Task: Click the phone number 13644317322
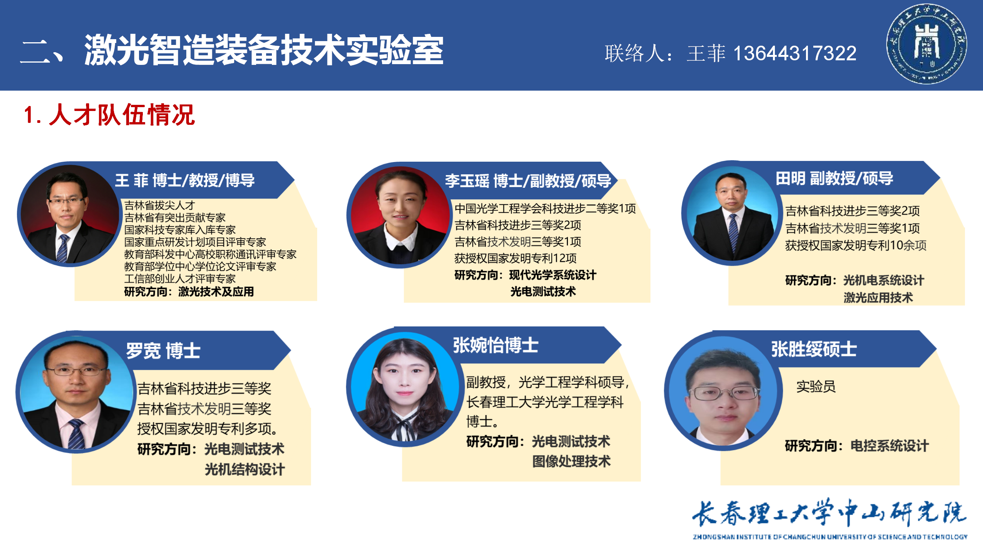pyautogui.click(x=795, y=53)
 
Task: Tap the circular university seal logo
pyautogui.click(x=927, y=44)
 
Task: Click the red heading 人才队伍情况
pyautogui.click(x=122, y=114)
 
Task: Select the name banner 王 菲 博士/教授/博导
pyautogui.click(x=185, y=180)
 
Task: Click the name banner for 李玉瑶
pyautogui.click(x=528, y=181)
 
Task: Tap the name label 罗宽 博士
pyautogui.click(x=163, y=351)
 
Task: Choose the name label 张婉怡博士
pyautogui.click(x=496, y=345)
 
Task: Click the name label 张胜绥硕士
pyautogui.click(x=814, y=349)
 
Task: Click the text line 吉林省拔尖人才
pyautogui.click(x=160, y=205)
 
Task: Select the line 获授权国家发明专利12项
pyautogui.click(x=515, y=258)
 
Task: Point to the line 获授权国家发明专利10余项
pyautogui.click(x=856, y=245)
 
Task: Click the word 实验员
pyautogui.click(x=816, y=386)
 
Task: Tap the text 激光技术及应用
pyautogui.click(x=216, y=291)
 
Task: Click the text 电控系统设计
pyautogui.click(x=890, y=446)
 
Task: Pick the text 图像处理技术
pyautogui.click(x=571, y=461)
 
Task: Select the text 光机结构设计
pyautogui.click(x=245, y=469)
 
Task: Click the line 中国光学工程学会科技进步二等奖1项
pyautogui.click(x=545, y=209)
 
